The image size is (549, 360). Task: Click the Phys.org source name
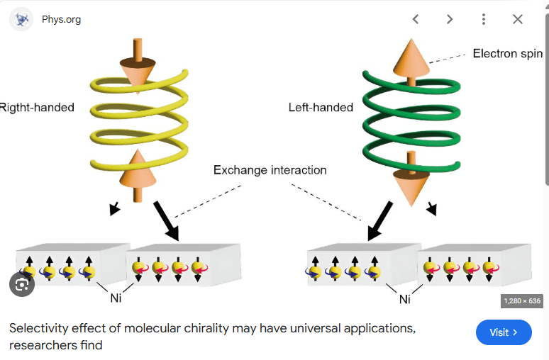61,19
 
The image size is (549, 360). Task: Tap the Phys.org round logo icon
22,19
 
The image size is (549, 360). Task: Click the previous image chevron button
416,19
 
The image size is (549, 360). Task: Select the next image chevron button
450,19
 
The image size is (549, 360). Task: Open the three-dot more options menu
484,19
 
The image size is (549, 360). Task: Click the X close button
518,19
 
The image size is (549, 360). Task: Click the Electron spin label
508,54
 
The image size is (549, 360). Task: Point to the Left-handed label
321,108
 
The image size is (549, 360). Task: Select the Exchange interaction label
270,170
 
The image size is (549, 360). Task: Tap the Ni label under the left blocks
116,298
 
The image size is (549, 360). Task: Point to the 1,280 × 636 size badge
522,301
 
